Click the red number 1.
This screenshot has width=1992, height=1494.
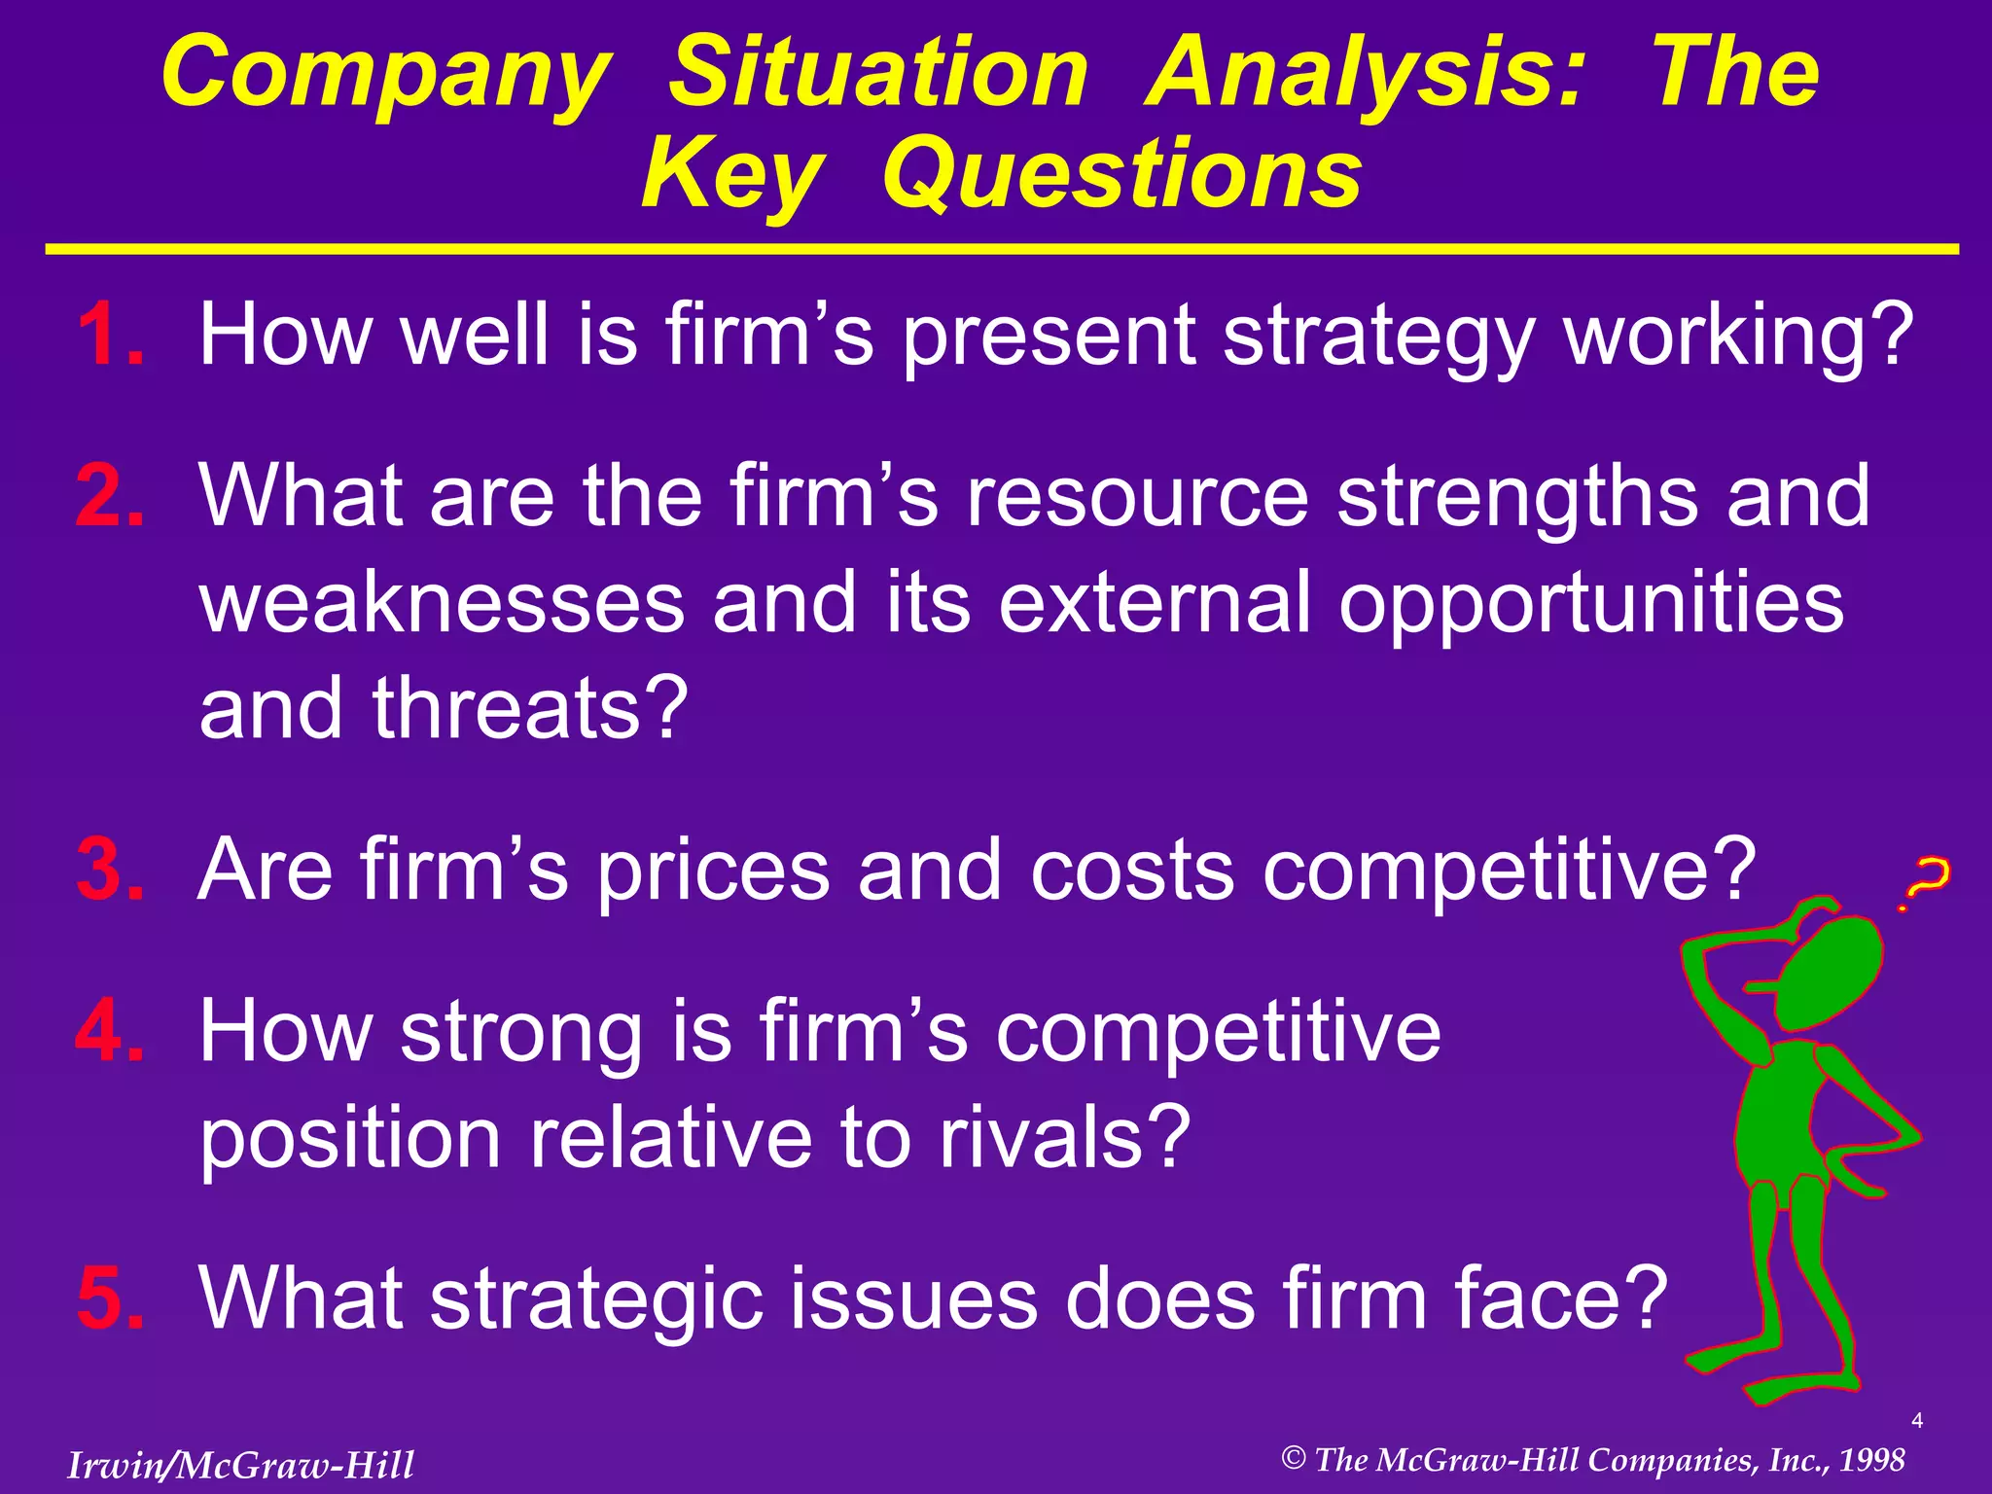pos(107,335)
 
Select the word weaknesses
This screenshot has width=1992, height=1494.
pos(442,603)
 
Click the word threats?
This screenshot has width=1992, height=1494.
pos(530,707)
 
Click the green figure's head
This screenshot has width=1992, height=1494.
pos(1829,973)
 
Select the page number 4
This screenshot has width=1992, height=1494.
pos(1916,1421)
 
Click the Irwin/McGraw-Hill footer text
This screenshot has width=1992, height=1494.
pos(240,1465)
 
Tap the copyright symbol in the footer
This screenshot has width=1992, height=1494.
pos(1293,1457)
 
